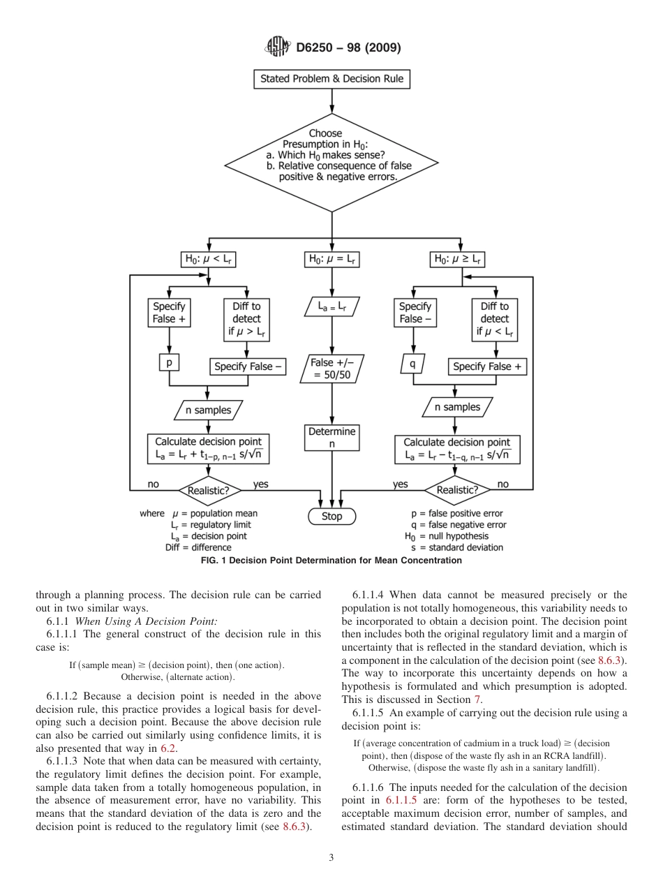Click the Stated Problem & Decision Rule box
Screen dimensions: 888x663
331,79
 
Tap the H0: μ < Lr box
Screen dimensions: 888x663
209,260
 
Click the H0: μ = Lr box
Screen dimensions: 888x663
332,260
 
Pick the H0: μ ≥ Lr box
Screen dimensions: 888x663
459,260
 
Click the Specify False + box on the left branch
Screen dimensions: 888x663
169,313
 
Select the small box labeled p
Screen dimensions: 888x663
169,363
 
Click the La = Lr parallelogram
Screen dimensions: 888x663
332,306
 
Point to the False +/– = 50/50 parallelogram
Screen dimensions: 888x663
332,368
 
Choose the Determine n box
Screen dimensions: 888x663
332,438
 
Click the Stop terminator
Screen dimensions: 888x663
332,517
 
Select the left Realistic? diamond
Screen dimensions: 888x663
209,490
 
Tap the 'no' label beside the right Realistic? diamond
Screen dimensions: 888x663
502,484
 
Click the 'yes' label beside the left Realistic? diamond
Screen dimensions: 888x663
260,484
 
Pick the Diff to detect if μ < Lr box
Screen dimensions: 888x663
494,319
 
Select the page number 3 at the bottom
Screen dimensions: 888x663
331,857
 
